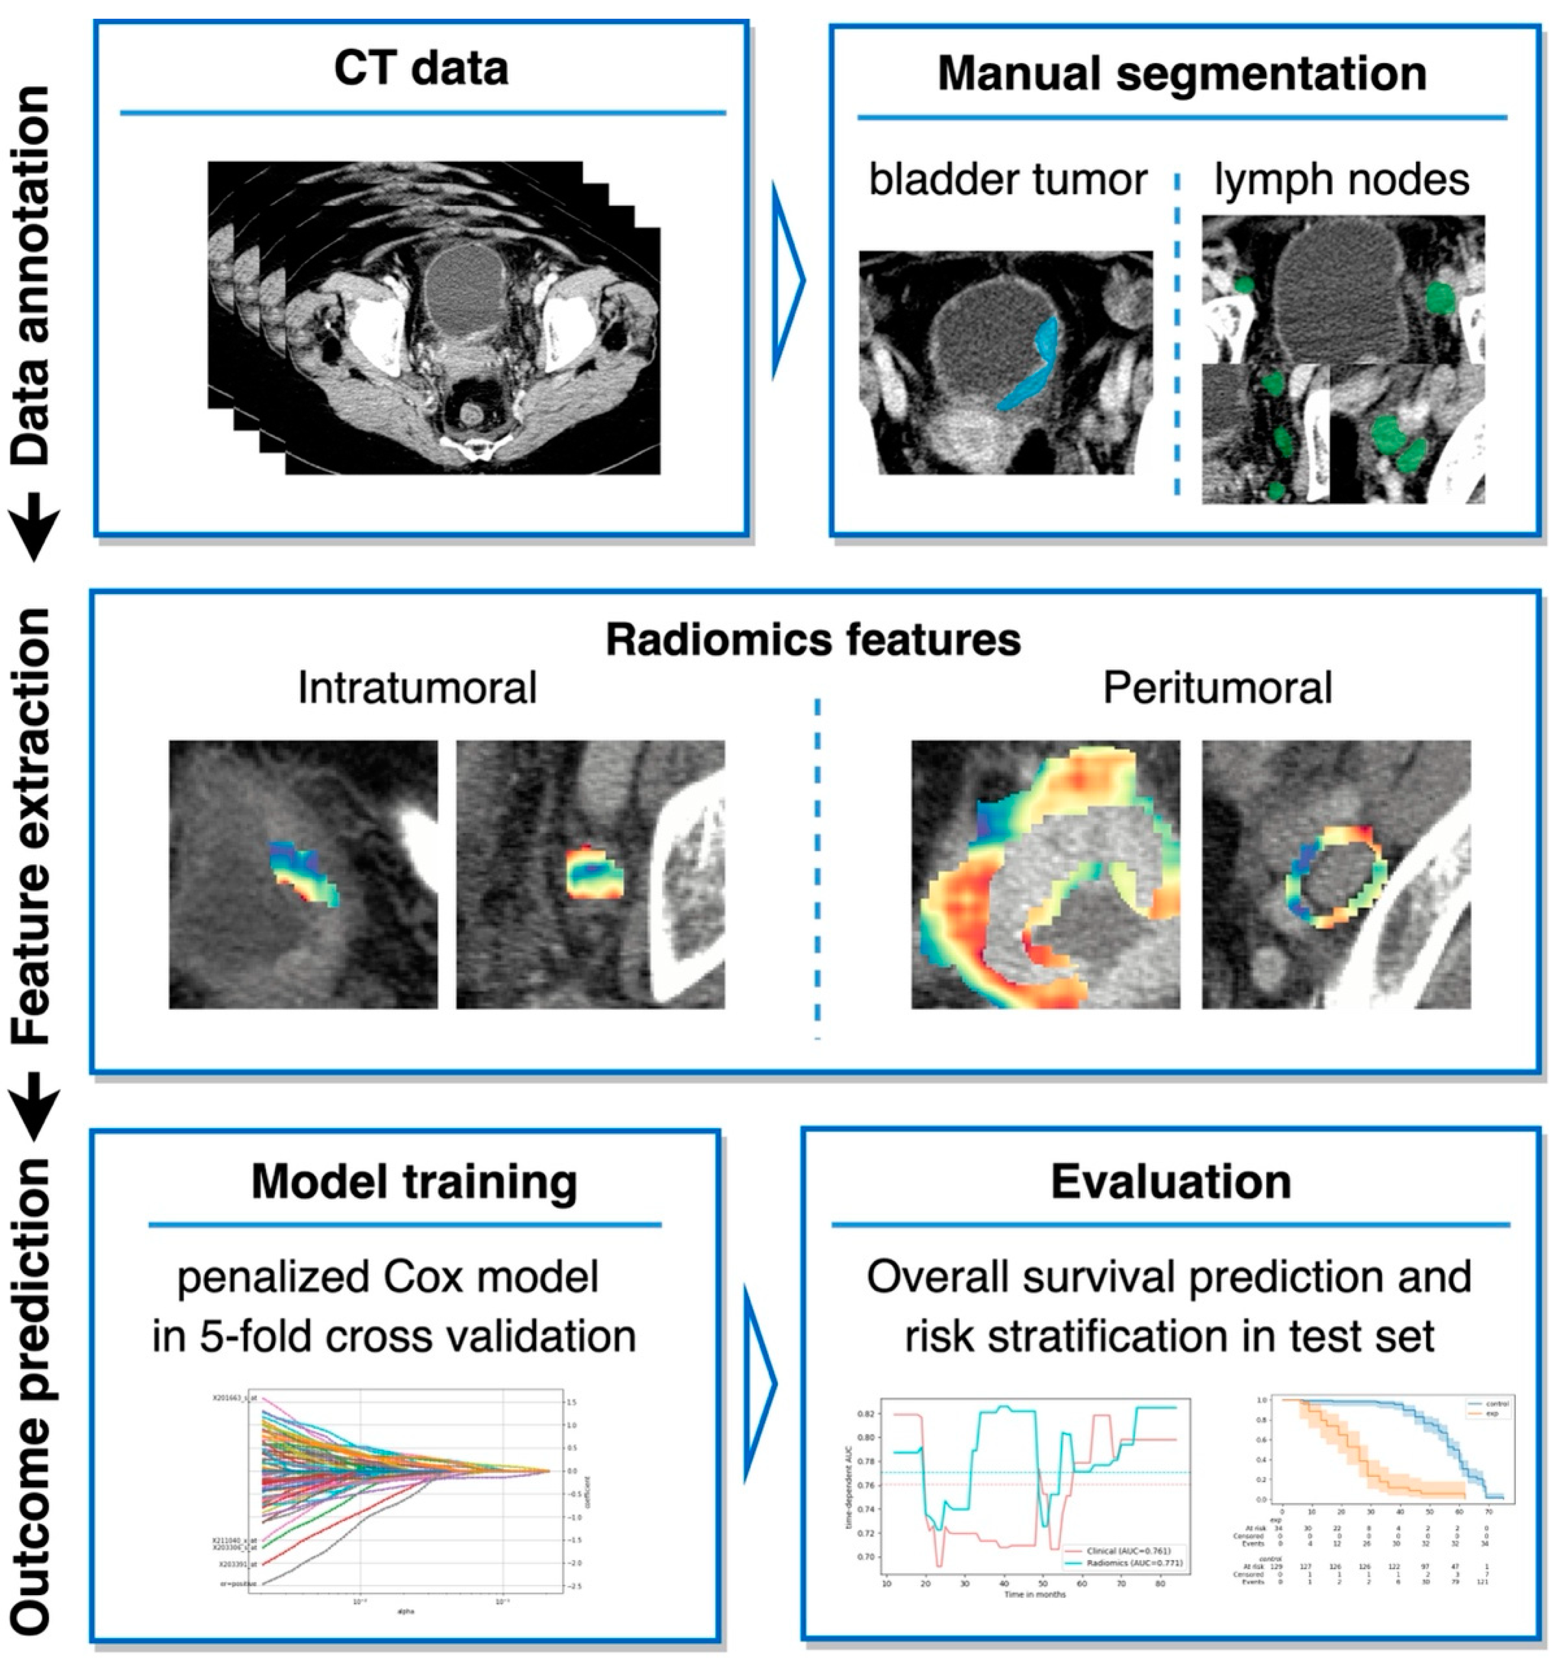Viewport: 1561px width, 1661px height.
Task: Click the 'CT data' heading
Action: pos(420,69)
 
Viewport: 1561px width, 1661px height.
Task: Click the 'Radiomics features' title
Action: pos(812,640)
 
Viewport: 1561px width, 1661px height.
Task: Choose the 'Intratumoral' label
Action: pos(416,688)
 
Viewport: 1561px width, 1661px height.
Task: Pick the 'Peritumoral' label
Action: pos(1217,688)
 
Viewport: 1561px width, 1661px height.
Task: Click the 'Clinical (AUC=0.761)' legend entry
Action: pos(1130,1551)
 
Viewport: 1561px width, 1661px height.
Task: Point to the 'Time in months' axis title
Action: pos(1035,1594)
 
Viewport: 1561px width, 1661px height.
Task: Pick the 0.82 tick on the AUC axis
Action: pos(865,1413)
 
